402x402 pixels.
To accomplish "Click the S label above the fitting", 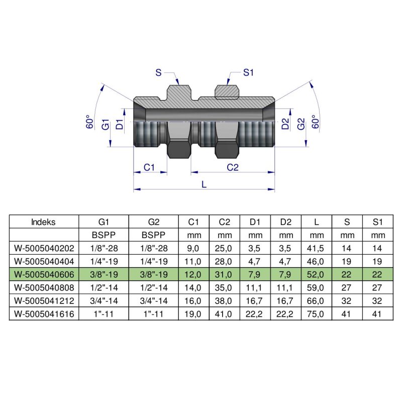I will point(158,73).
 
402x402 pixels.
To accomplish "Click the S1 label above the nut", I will point(248,73).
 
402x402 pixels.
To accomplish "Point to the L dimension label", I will point(204,184).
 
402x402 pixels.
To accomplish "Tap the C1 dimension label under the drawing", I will point(149,167).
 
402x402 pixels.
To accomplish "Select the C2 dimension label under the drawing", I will point(232,167).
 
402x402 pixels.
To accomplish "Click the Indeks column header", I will point(44,222).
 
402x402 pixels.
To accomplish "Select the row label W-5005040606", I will point(44,274).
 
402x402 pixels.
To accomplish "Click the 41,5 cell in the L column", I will point(316,248).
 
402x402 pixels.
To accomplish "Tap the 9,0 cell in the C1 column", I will point(194,248).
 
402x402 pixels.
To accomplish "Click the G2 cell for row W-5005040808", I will point(154,287).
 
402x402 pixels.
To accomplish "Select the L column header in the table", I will point(316,222).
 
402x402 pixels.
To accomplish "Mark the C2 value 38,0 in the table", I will point(225,300).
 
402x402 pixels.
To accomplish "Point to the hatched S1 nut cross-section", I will point(227,91).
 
